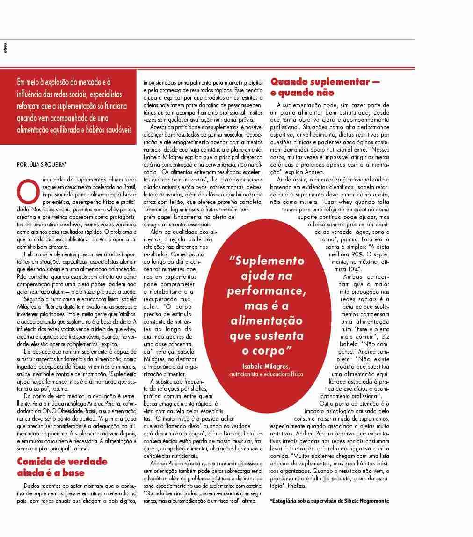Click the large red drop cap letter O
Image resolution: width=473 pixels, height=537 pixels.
27,189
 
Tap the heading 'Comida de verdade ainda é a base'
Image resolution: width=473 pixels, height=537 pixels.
62,467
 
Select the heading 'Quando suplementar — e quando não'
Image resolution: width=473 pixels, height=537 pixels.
325,87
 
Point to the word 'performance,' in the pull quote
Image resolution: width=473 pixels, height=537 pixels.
266,291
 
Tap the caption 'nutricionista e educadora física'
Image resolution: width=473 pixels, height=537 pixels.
266,374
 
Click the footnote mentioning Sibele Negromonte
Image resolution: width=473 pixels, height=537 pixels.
329,501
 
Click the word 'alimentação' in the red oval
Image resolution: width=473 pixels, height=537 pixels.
266,321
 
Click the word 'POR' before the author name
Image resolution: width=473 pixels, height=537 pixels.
21,164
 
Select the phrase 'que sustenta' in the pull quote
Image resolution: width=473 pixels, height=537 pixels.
266,336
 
